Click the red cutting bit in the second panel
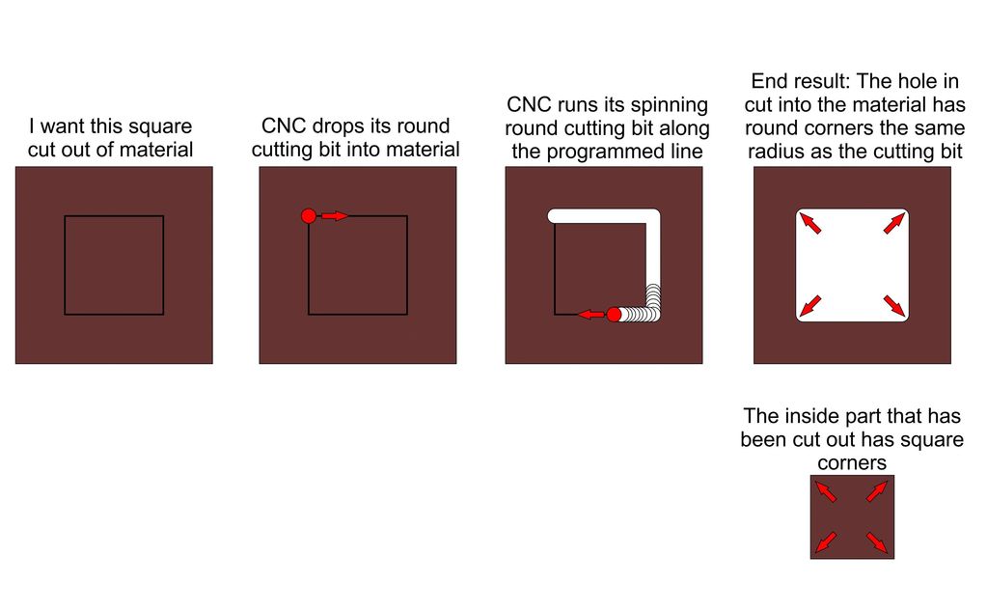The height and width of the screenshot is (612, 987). (309, 216)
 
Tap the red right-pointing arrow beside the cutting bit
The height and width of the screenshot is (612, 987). (335, 216)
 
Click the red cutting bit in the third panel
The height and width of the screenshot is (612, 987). (614, 314)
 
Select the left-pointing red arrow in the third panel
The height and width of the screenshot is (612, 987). (591, 314)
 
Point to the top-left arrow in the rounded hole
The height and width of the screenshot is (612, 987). (810, 223)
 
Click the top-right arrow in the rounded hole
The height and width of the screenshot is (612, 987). (894, 223)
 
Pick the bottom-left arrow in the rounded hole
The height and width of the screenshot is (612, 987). (810, 306)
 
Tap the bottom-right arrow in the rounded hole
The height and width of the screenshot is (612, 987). (894, 306)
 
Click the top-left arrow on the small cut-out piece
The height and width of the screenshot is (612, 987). (826, 491)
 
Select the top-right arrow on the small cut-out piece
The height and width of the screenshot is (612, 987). (877, 491)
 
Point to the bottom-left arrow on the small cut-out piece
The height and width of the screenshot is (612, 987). (826, 542)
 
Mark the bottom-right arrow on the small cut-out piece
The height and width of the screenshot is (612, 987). (877, 542)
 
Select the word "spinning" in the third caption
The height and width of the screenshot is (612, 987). (669, 105)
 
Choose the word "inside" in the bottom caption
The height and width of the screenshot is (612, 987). (812, 416)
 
